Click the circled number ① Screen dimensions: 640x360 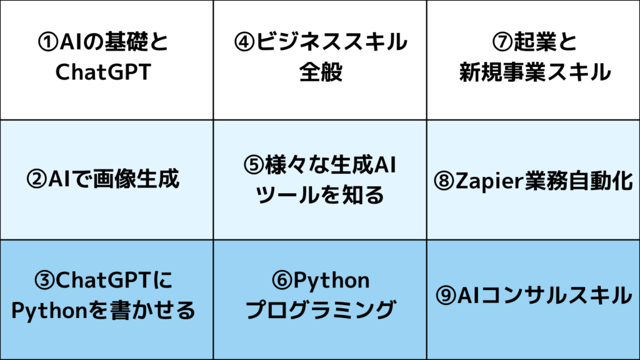click(x=48, y=42)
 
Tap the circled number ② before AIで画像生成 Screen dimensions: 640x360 click(x=37, y=179)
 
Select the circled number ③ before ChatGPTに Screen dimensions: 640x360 click(x=44, y=281)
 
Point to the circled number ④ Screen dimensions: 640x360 click(x=244, y=42)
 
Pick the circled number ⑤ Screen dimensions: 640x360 click(x=254, y=165)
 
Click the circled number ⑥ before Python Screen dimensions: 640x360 click(x=282, y=281)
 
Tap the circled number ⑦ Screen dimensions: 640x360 click(x=502, y=42)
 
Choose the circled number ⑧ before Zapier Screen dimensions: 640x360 click(x=444, y=181)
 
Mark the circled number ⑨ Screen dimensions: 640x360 click(x=446, y=296)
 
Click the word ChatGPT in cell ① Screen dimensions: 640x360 click(x=103, y=72)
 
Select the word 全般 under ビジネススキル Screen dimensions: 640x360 click(x=321, y=72)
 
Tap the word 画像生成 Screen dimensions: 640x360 click(x=136, y=179)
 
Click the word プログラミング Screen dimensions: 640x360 click(x=321, y=310)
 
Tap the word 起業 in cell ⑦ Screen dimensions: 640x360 click(x=535, y=42)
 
